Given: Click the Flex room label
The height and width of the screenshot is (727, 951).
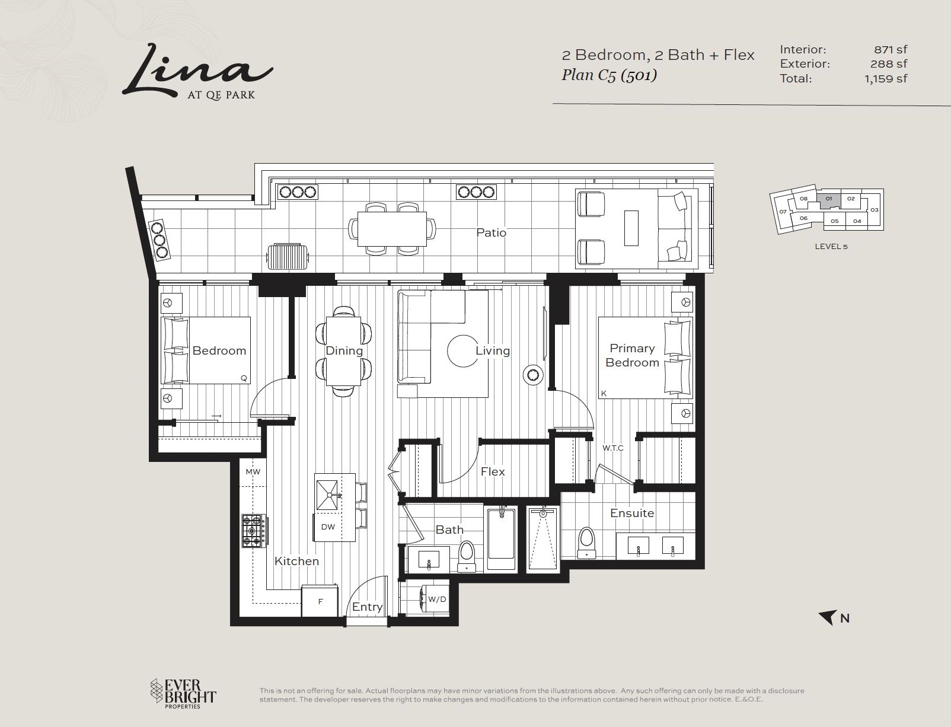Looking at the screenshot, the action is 493,471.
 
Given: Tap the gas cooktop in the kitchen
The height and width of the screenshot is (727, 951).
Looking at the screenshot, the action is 254,531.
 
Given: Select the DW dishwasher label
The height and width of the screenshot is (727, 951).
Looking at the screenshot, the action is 328,527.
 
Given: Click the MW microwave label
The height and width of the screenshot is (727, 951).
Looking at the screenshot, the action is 253,472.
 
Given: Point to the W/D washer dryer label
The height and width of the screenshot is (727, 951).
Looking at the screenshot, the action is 437,599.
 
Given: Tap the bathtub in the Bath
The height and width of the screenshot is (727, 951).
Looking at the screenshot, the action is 501,538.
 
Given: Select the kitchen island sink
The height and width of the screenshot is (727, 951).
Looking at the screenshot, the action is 327,495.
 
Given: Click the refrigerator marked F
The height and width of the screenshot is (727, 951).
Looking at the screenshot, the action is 320,601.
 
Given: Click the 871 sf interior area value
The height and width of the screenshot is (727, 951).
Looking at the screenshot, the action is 891,49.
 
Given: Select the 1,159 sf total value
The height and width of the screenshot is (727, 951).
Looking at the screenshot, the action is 886,78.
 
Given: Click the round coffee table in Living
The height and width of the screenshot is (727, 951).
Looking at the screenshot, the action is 462,351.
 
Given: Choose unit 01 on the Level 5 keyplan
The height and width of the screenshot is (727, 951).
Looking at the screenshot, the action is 828,199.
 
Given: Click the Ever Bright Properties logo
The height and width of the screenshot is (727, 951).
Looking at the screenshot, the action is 183,694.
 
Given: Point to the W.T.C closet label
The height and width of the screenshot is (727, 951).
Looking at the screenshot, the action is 612,448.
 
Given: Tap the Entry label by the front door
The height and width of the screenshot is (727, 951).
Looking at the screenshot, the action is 367,607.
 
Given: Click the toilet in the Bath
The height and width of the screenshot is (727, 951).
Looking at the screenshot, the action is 467,556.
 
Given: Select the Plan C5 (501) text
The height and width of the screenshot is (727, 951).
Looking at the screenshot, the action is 609,75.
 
